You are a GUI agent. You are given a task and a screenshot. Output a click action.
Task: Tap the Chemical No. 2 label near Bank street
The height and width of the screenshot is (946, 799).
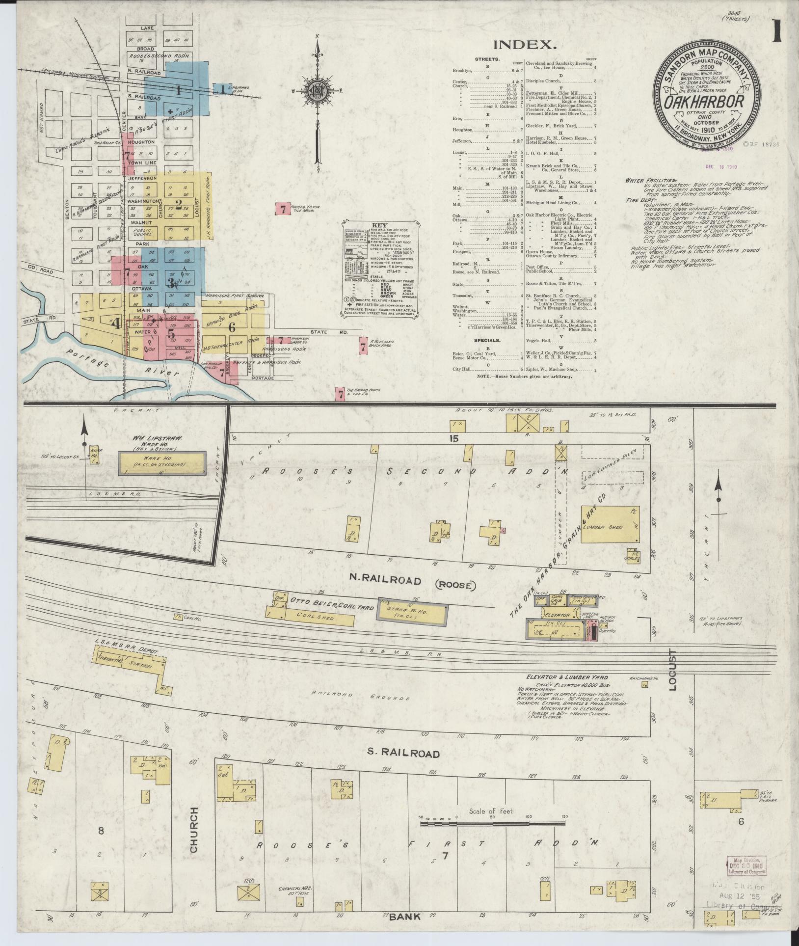click(x=293, y=889)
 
